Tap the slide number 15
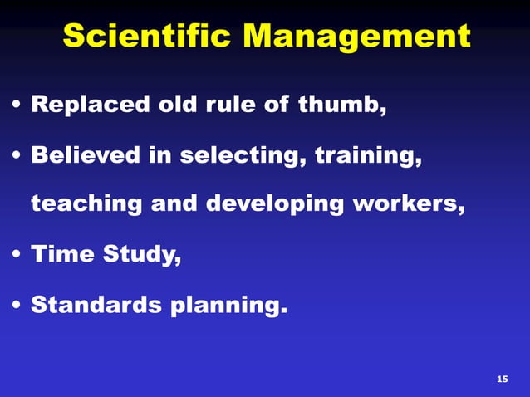[501, 380]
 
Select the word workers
[409, 204]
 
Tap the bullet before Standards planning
[17, 306]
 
